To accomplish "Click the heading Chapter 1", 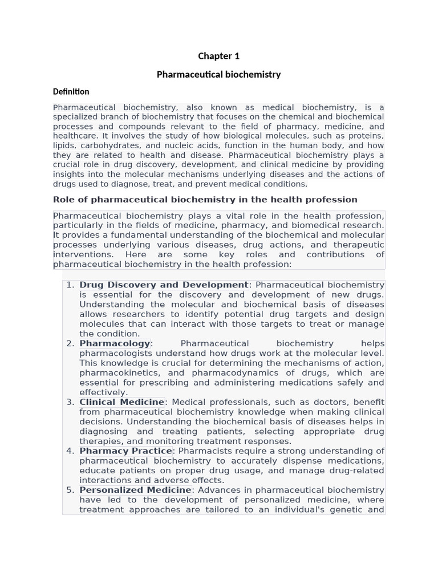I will pyautogui.click(x=218, y=56).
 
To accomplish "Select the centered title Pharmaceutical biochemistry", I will pyautogui.click(x=218, y=75).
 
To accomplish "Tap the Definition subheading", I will pyautogui.click(x=71, y=92).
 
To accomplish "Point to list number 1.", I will pyautogui.click(x=70, y=285).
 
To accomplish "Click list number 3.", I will pyautogui.click(x=70, y=402).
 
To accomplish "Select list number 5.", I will pyautogui.click(x=70, y=490).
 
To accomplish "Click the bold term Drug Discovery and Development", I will pyautogui.click(x=164, y=285).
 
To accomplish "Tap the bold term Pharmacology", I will pyautogui.click(x=115, y=343).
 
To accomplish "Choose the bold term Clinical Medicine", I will pyautogui.click(x=121, y=402).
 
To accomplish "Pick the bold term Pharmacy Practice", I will pyautogui.click(x=125, y=451).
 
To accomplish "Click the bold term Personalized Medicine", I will pyautogui.click(x=135, y=490).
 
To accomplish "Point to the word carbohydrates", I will pyautogui.click(x=107, y=145).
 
